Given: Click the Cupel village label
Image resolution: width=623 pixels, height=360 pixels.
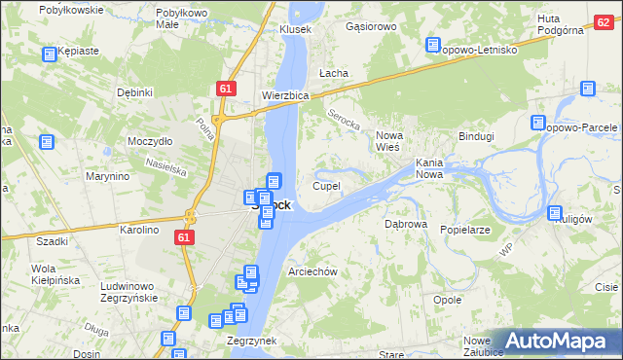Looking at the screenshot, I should point(326,185).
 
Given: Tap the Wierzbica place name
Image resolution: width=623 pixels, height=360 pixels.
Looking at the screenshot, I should point(285,96).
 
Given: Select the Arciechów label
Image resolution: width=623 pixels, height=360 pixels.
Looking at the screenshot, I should point(312,271).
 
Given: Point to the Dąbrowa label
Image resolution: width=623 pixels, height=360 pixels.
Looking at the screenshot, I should point(406,224).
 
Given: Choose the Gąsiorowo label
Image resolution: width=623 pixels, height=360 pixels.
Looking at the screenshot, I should point(371,26).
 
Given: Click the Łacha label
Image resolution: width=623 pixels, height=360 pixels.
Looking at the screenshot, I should point(334,73).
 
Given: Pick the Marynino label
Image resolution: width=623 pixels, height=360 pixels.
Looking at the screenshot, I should point(107,177).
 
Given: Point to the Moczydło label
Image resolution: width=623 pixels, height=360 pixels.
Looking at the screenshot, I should point(150,141).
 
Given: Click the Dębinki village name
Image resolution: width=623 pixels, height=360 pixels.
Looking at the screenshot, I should point(135,92).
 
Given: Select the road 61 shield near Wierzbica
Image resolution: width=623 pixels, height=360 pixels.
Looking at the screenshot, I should point(226,89).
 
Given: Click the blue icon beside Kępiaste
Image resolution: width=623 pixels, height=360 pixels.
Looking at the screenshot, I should point(49,55).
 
